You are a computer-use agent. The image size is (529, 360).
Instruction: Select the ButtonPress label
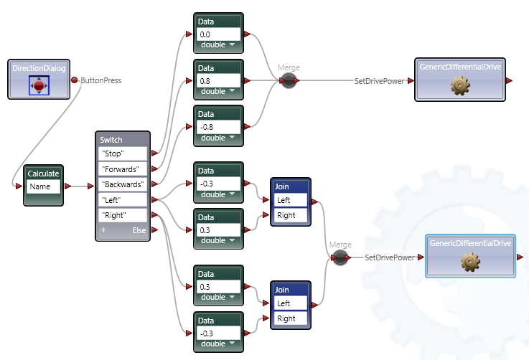101,80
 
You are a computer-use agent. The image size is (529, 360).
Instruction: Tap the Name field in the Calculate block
43,186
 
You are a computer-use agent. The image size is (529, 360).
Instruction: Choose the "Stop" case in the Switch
123,153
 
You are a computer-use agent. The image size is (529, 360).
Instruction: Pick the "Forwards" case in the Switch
123,169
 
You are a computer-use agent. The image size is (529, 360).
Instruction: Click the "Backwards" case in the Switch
123,184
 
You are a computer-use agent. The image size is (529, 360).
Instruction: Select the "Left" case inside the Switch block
123,200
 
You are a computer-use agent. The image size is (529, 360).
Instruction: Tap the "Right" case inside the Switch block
123,215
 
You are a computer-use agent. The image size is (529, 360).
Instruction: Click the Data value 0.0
218,34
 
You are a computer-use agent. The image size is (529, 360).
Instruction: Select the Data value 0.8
218,80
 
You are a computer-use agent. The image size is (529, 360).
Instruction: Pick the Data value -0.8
218,126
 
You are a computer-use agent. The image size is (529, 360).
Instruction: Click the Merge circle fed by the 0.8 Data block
289,81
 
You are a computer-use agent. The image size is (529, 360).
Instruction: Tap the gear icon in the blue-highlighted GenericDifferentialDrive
471,263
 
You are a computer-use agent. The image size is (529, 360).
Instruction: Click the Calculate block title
43,174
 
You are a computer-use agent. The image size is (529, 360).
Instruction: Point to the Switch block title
111,140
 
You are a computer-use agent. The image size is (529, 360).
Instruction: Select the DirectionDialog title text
39,68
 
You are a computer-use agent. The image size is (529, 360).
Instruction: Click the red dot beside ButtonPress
75,80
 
